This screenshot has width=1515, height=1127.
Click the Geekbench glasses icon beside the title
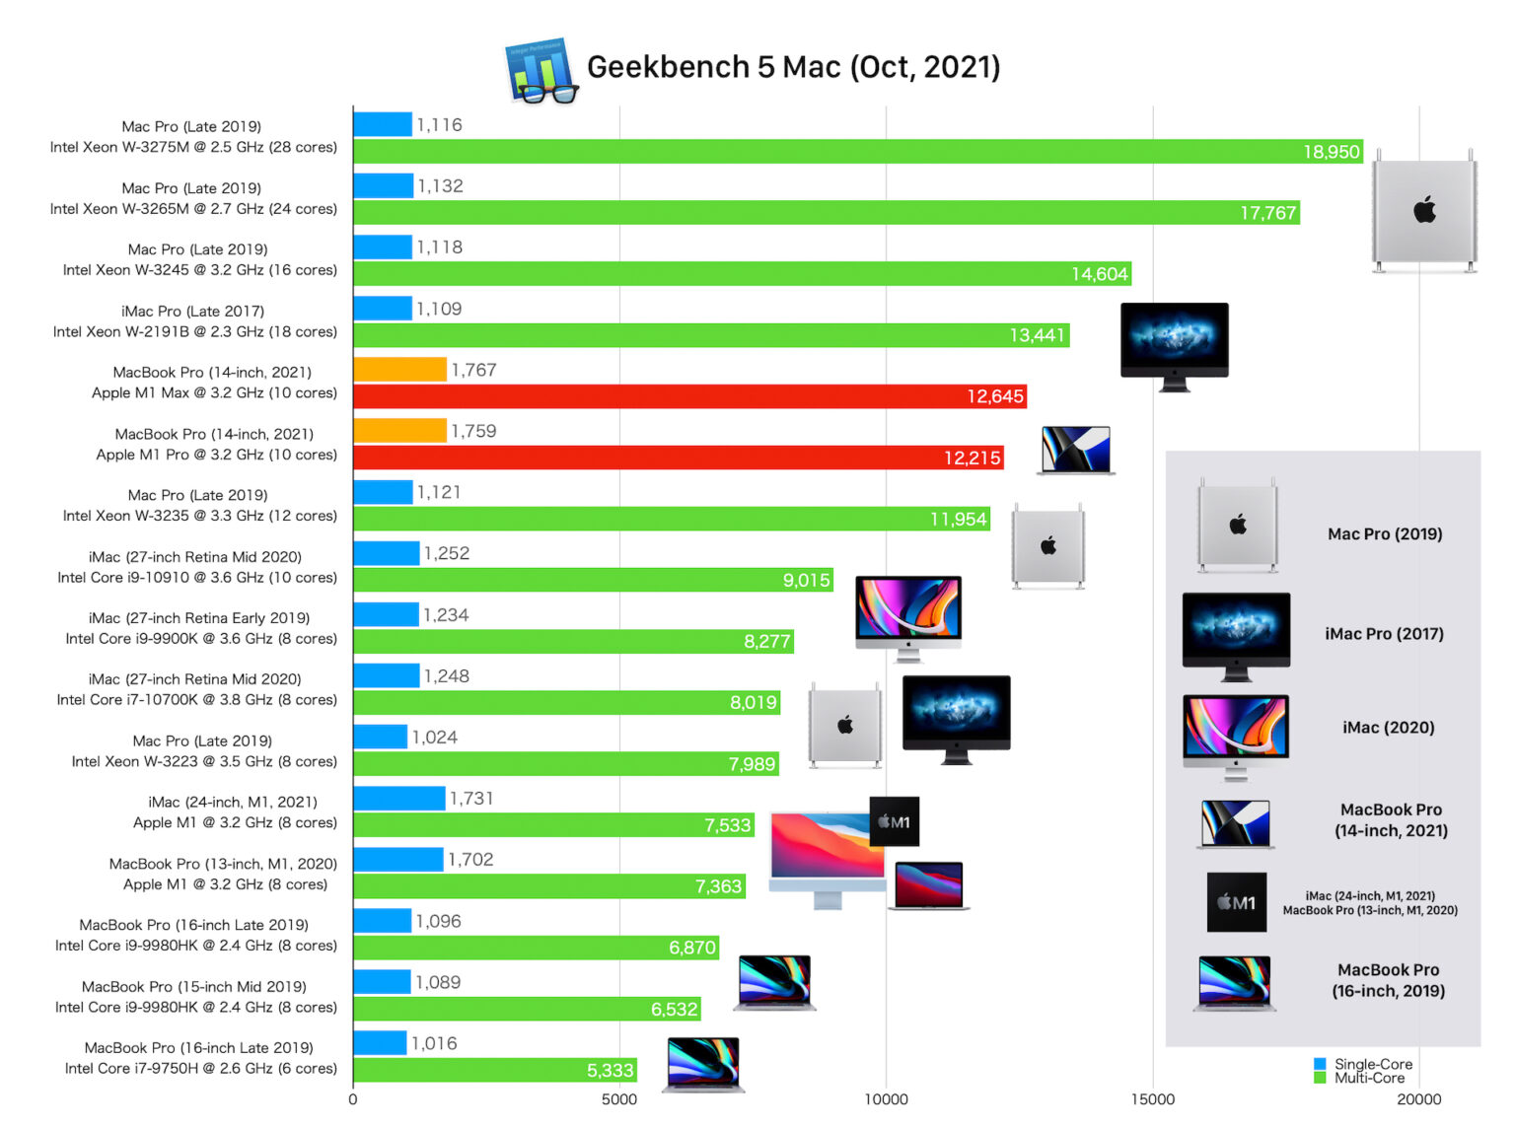(541, 71)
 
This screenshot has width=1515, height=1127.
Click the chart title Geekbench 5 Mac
(793, 67)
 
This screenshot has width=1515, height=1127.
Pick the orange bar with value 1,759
(399, 431)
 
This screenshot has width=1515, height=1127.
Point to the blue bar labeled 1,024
(380, 737)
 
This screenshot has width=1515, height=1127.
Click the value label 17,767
(1267, 213)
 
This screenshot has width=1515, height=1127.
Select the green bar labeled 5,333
(493, 1070)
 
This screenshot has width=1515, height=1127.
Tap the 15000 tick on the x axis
(1152, 1099)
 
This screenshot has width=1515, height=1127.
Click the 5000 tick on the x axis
(619, 1099)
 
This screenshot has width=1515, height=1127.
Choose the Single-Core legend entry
(1372, 1064)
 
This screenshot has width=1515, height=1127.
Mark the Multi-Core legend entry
(1368, 1078)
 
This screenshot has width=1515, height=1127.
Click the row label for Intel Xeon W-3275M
(193, 148)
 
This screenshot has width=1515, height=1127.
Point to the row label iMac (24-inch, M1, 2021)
(233, 802)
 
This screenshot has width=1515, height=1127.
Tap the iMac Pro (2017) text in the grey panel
(1384, 634)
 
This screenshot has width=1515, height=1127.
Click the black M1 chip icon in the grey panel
(1236, 902)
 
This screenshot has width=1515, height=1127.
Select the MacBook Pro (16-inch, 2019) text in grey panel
(1388, 980)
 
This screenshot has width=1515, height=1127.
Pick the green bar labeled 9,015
(592, 580)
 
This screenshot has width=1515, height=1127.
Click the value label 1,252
(447, 554)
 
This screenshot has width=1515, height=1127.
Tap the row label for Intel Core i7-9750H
(200, 1069)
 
